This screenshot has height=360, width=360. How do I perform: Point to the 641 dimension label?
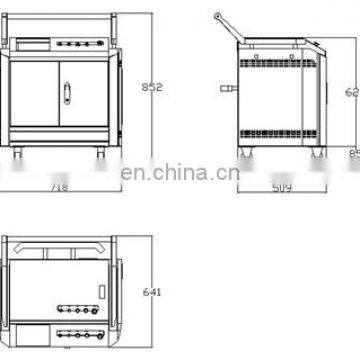[151, 293]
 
